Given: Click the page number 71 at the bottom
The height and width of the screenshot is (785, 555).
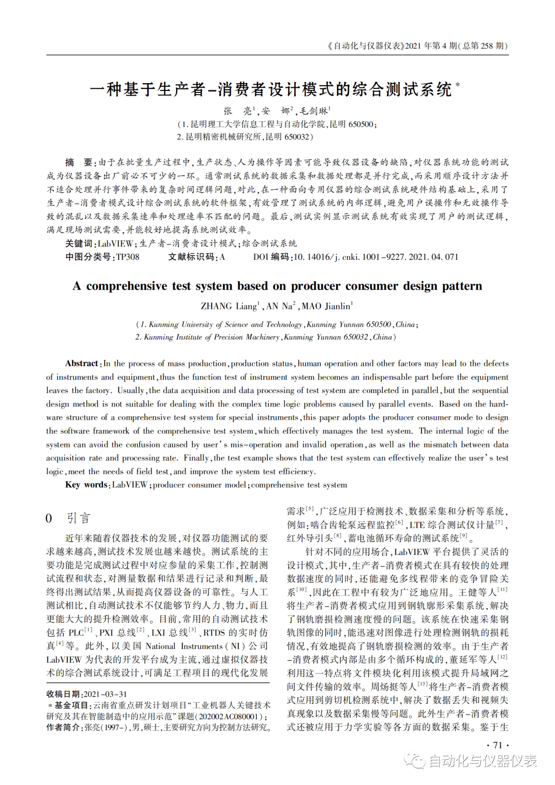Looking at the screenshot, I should (497, 745).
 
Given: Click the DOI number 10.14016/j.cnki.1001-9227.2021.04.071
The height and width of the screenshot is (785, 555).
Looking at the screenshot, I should (376, 257).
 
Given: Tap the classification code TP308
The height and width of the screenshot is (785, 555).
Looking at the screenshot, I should (128, 257).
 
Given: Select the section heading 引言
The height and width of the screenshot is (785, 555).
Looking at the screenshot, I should (79, 518).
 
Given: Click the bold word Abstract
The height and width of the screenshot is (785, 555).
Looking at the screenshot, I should (82, 363).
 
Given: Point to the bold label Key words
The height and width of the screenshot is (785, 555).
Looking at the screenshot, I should (86, 484).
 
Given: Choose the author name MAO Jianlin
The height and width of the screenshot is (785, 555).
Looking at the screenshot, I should (326, 306).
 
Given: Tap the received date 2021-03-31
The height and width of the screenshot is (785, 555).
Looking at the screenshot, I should (105, 694).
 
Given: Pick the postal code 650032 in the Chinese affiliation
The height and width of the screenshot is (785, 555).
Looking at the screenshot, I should (297, 137).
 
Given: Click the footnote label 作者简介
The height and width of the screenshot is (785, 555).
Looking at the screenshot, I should (64, 727).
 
